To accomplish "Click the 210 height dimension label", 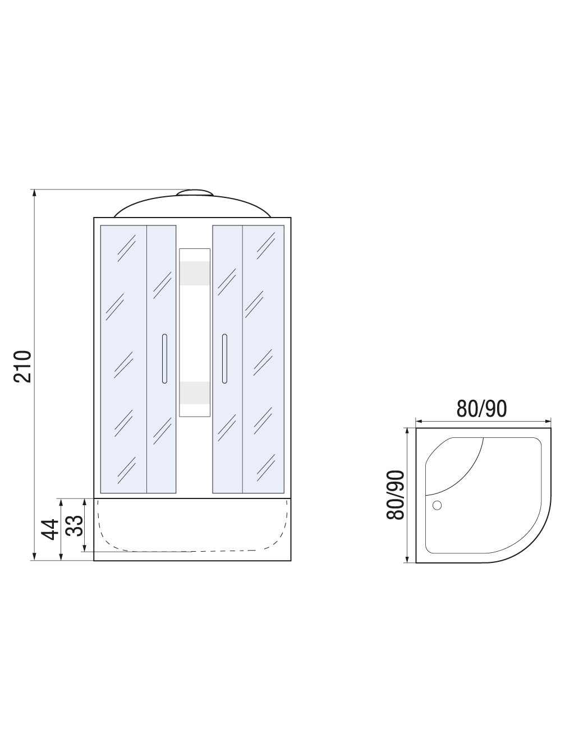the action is (x=22, y=366).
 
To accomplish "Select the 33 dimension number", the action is (x=75, y=526).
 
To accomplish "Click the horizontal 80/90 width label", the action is (x=481, y=409).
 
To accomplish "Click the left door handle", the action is (x=164, y=358).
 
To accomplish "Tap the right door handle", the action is (x=224, y=358).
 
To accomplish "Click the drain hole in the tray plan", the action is (x=437, y=505).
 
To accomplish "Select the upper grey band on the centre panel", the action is (x=195, y=273).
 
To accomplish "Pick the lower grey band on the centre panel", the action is (x=195, y=393).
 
